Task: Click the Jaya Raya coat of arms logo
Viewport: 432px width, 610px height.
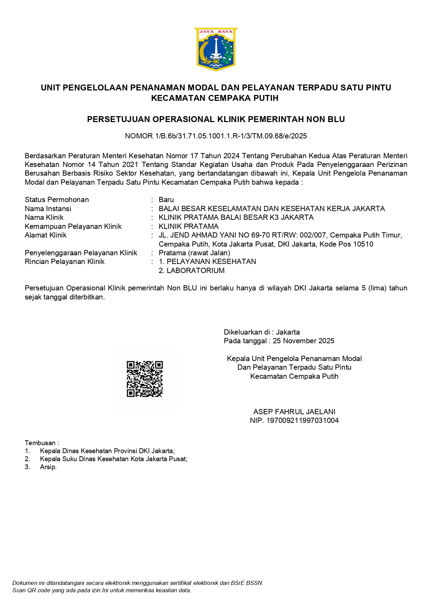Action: coord(216,49)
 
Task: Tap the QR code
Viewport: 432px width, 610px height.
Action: coord(145,379)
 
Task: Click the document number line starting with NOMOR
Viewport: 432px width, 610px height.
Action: coord(216,136)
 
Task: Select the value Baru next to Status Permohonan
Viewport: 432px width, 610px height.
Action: coord(166,200)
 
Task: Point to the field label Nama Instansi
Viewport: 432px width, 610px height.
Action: coord(48,209)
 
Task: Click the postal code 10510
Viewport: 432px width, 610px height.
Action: coord(363,244)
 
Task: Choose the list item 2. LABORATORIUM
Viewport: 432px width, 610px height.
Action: coord(191,271)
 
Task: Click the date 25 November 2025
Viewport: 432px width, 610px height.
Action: coord(304,341)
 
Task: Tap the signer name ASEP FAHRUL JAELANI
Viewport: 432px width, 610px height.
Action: coord(294,412)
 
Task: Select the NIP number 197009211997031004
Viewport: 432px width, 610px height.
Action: coord(302,420)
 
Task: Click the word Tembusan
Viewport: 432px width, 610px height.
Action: coord(40,443)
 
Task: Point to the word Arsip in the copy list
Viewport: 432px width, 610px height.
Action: coord(48,467)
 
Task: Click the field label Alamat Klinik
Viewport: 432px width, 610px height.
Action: coord(46,235)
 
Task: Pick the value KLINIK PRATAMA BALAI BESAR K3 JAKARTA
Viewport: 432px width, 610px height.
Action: coord(236,217)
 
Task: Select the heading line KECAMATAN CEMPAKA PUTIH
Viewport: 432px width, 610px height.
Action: coord(215,98)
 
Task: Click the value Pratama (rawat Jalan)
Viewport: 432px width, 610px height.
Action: coord(194,253)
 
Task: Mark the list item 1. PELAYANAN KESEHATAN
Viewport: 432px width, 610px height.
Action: coord(207,262)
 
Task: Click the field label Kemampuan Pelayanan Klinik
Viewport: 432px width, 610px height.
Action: coord(73,226)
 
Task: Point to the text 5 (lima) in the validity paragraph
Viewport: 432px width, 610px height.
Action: coord(375,288)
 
